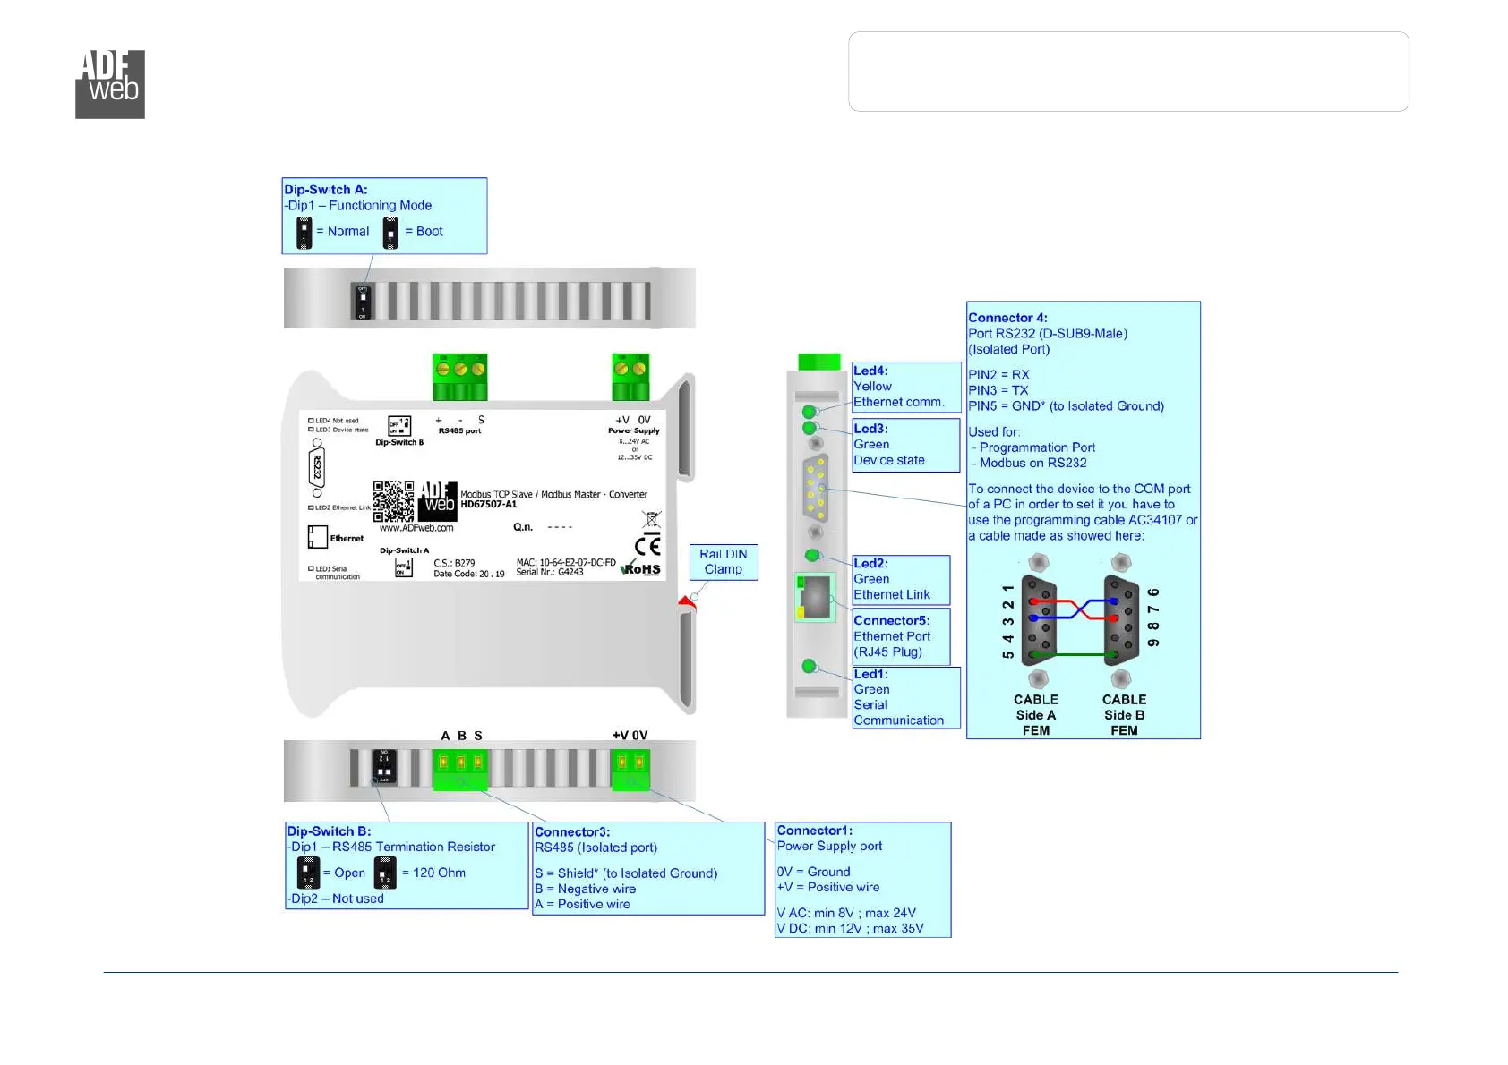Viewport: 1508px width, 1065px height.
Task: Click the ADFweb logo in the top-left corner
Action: click(x=110, y=84)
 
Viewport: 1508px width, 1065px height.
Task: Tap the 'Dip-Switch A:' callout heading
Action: click(x=326, y=190)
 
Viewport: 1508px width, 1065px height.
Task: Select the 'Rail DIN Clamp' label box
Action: click(x=723, y=562)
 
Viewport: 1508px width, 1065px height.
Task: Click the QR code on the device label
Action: click(x=393, y=501)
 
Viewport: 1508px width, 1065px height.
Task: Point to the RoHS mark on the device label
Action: click(x=642, y=569)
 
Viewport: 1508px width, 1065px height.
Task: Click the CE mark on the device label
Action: click(x=647, y=545)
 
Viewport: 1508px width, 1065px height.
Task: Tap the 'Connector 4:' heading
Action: click(x=1007, y=318)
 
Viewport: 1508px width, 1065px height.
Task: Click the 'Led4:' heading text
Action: click(x=870, y=371)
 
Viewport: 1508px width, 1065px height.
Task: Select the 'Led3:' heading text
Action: click(x=870, y=429)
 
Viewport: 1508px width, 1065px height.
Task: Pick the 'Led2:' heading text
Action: click(x=870, y=563)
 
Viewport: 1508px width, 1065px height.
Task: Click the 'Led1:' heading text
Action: click(x=870, y=674)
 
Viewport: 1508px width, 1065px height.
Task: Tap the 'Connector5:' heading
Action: click(x=891, y=620)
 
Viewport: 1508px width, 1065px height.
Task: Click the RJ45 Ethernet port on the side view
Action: click(x=815, y=597)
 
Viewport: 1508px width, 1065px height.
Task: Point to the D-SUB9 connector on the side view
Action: click(x=816, y=487)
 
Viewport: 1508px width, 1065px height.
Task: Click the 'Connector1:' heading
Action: click(x=814, y=831)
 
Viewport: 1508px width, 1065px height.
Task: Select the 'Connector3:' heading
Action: click(x=572, y=832)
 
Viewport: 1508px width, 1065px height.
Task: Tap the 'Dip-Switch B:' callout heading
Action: click(x=329, y=831)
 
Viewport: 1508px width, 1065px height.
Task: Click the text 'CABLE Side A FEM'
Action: click(x=1036, y=715)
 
